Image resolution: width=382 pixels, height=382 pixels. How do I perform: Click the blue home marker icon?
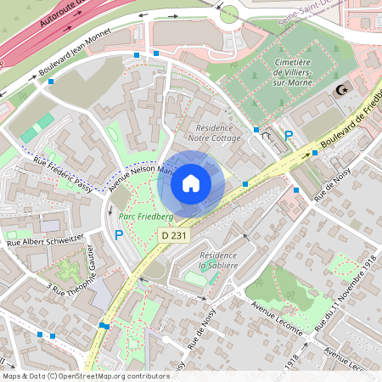191,183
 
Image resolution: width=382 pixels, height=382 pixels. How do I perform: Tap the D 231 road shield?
174,235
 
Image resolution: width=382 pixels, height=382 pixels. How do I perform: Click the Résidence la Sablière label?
217,260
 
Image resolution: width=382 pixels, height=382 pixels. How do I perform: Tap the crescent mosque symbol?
343,90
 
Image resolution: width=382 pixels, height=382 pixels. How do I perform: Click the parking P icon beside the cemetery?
289,136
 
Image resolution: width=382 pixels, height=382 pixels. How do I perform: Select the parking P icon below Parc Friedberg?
119,235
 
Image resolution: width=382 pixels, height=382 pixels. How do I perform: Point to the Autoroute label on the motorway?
56,24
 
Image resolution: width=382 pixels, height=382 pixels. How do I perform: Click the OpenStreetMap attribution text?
85,376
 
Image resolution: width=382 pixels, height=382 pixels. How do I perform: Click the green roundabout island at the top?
228,14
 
